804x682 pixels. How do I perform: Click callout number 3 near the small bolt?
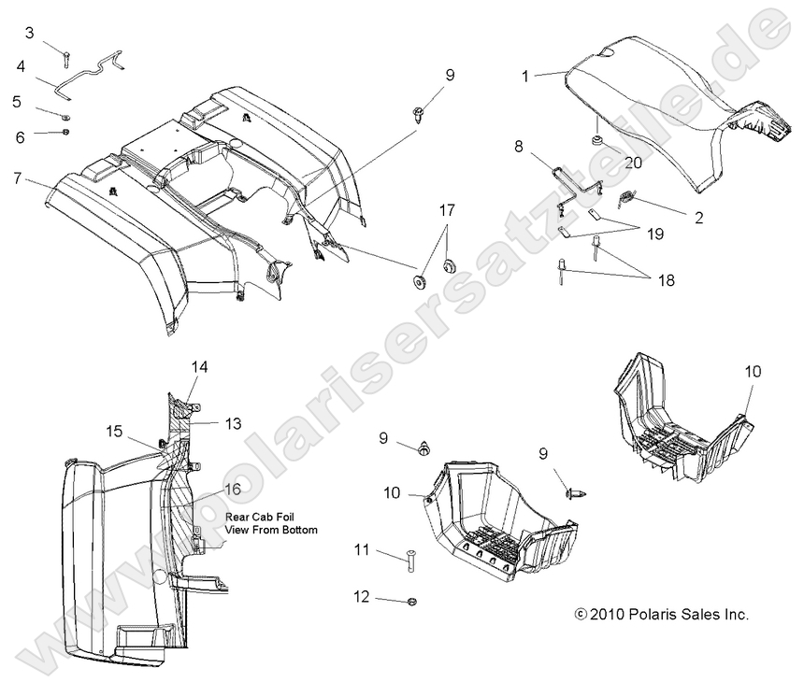point(30,34)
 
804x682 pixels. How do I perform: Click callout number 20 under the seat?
point(632,161)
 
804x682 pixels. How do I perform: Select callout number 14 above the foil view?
point(200,367)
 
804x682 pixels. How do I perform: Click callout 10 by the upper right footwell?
point(753,371)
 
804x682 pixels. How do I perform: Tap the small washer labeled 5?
point(66,117)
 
